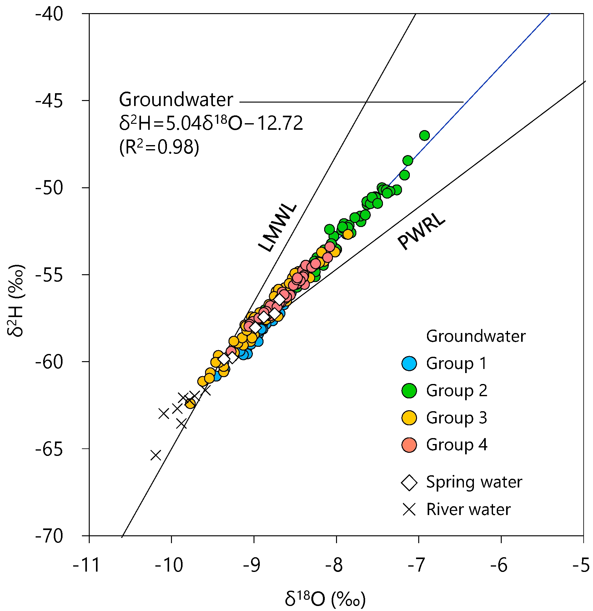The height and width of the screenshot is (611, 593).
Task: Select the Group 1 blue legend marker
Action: (x=409, y=363)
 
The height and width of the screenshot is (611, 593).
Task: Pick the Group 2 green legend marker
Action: (x=409, y=391)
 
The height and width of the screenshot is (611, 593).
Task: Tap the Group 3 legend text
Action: (x=456, y=418)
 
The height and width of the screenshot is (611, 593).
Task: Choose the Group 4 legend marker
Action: (x=409, y=445)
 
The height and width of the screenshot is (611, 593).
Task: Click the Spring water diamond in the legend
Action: (x=409, y=482)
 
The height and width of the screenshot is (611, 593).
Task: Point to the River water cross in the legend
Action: (x=409, y=509)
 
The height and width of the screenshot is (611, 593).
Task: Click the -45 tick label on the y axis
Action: (x=49, y=101)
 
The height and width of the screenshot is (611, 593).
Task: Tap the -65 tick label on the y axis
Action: (x=49, y=449)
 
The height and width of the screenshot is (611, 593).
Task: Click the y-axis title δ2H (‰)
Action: (x=15, y=300)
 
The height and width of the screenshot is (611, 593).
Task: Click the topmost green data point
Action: (x=424, y=135)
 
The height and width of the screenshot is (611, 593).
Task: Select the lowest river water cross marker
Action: (x=156, y=455)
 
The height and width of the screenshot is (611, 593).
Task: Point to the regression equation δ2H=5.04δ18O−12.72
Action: (x=211, y=123)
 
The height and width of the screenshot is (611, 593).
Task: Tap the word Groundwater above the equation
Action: (x=176, y=100)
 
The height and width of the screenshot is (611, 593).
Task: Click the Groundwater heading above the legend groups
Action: (x=475, y=336)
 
